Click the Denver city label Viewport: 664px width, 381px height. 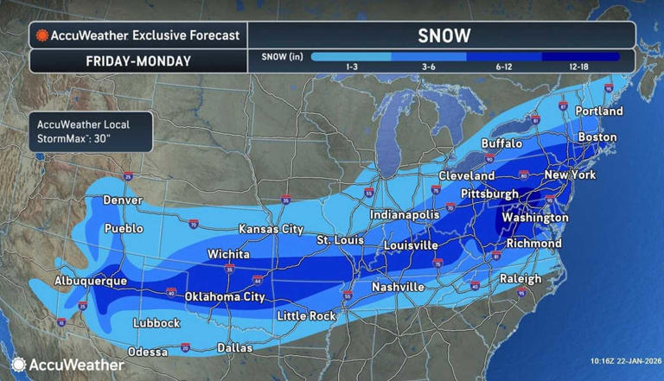(x=122, y=200)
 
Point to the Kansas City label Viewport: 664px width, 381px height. (x=271, y=229)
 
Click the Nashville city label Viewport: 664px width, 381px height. (x=397, y=286)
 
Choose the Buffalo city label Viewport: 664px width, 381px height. (x=501, y=143)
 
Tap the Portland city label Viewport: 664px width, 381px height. (x=598, y=111)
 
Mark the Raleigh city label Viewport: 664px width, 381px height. (x=520, y=278)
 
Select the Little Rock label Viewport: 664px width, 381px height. (x=305, y=316)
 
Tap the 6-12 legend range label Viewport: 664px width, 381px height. (x=505, y=67)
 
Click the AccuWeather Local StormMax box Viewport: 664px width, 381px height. (x=90, y=130)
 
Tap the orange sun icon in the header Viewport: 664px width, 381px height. (x=41, y=36)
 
